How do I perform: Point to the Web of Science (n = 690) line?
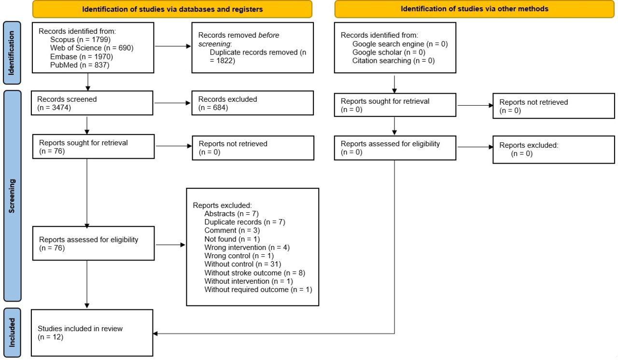[x=91, y=48]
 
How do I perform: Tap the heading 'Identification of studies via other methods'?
[x=475, y=9]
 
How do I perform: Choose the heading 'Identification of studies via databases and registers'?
[x=172, y=9]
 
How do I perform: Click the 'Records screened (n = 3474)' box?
[x=87, y=104]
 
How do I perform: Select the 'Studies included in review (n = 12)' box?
[x=92, y=333]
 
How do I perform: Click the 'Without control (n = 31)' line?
[x=242, y=264]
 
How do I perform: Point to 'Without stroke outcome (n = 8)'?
[x=254, y=272]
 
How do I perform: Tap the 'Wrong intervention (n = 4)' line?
[x=247, y=247]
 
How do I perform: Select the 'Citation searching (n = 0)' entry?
[x=393, y=60]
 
